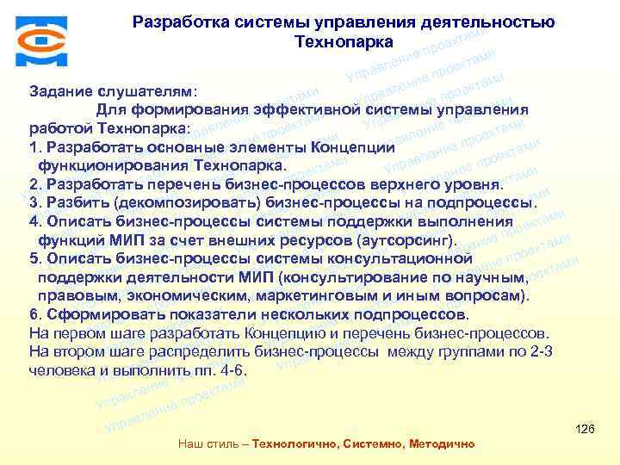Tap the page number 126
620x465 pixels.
pos(585,429)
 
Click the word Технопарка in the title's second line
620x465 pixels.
pos(344,41)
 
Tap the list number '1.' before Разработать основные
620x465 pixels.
pos(35,146)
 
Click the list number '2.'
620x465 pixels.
pos(35,184)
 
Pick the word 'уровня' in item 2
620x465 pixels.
pos(474,184)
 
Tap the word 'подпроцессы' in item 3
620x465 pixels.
pos(489,203)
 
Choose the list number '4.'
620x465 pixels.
pos(35,221)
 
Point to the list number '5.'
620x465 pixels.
pos(35,258)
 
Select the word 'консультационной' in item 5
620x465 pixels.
pos(395,258)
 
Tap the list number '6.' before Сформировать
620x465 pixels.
pos(35,313)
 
